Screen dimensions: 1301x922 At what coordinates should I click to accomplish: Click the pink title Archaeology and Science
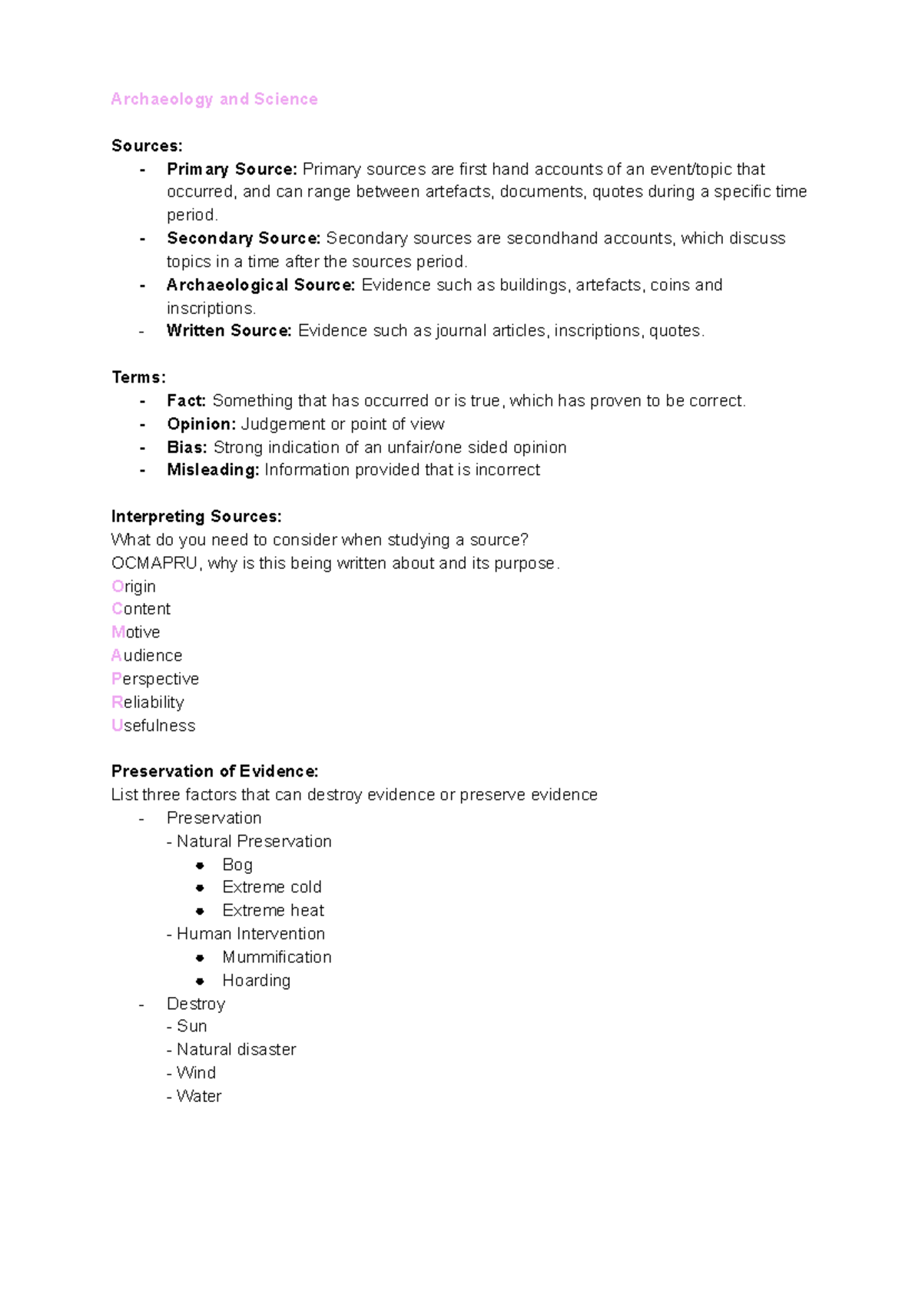coord(214,99)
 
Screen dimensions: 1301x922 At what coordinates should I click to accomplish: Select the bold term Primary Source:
coord(231,169)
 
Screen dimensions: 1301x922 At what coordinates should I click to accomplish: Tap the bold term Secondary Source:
coord(243,238)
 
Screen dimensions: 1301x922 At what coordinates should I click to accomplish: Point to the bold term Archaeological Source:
coord(260,285)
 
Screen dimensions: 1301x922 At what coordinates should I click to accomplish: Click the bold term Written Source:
coord(229,331)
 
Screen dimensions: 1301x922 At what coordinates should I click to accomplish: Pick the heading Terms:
coord(138,377)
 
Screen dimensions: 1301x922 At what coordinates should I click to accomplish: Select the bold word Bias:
coord(187,447)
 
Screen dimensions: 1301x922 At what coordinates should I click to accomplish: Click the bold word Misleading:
coord(213,470)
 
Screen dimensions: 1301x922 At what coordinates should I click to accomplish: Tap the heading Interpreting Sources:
coord(196,516)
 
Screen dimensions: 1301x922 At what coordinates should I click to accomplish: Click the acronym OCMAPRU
coord(154,563)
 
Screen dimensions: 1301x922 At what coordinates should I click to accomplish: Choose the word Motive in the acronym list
coord(136,632)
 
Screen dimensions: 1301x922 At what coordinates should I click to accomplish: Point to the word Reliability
coord(148,702)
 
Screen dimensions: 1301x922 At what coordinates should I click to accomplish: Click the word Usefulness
coord(154,726)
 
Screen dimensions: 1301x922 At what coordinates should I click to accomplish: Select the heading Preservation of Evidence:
coord(214,771)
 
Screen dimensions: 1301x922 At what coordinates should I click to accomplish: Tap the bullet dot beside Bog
coord(200,866)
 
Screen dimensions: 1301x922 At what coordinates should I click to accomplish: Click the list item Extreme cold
coord(272,887)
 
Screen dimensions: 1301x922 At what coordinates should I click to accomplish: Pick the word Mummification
coord(277,957)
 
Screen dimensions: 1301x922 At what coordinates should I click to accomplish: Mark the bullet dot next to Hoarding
coord(200,981)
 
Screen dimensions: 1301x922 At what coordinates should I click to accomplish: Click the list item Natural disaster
coord(236,1049)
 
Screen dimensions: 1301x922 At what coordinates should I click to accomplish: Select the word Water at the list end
coord(199,1096)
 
